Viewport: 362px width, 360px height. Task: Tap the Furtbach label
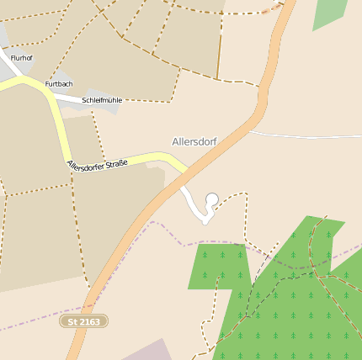(59, 84)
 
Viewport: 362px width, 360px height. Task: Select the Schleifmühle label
(102, 100)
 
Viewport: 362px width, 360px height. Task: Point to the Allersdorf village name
(194, 141)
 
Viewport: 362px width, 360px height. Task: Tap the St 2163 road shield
(84, 321)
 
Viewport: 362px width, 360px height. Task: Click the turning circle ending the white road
(212, 199)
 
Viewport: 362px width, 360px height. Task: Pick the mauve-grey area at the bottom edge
(152, 351)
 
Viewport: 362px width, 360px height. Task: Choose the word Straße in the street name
(116, 160)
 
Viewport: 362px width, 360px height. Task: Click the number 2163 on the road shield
(89, 321)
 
